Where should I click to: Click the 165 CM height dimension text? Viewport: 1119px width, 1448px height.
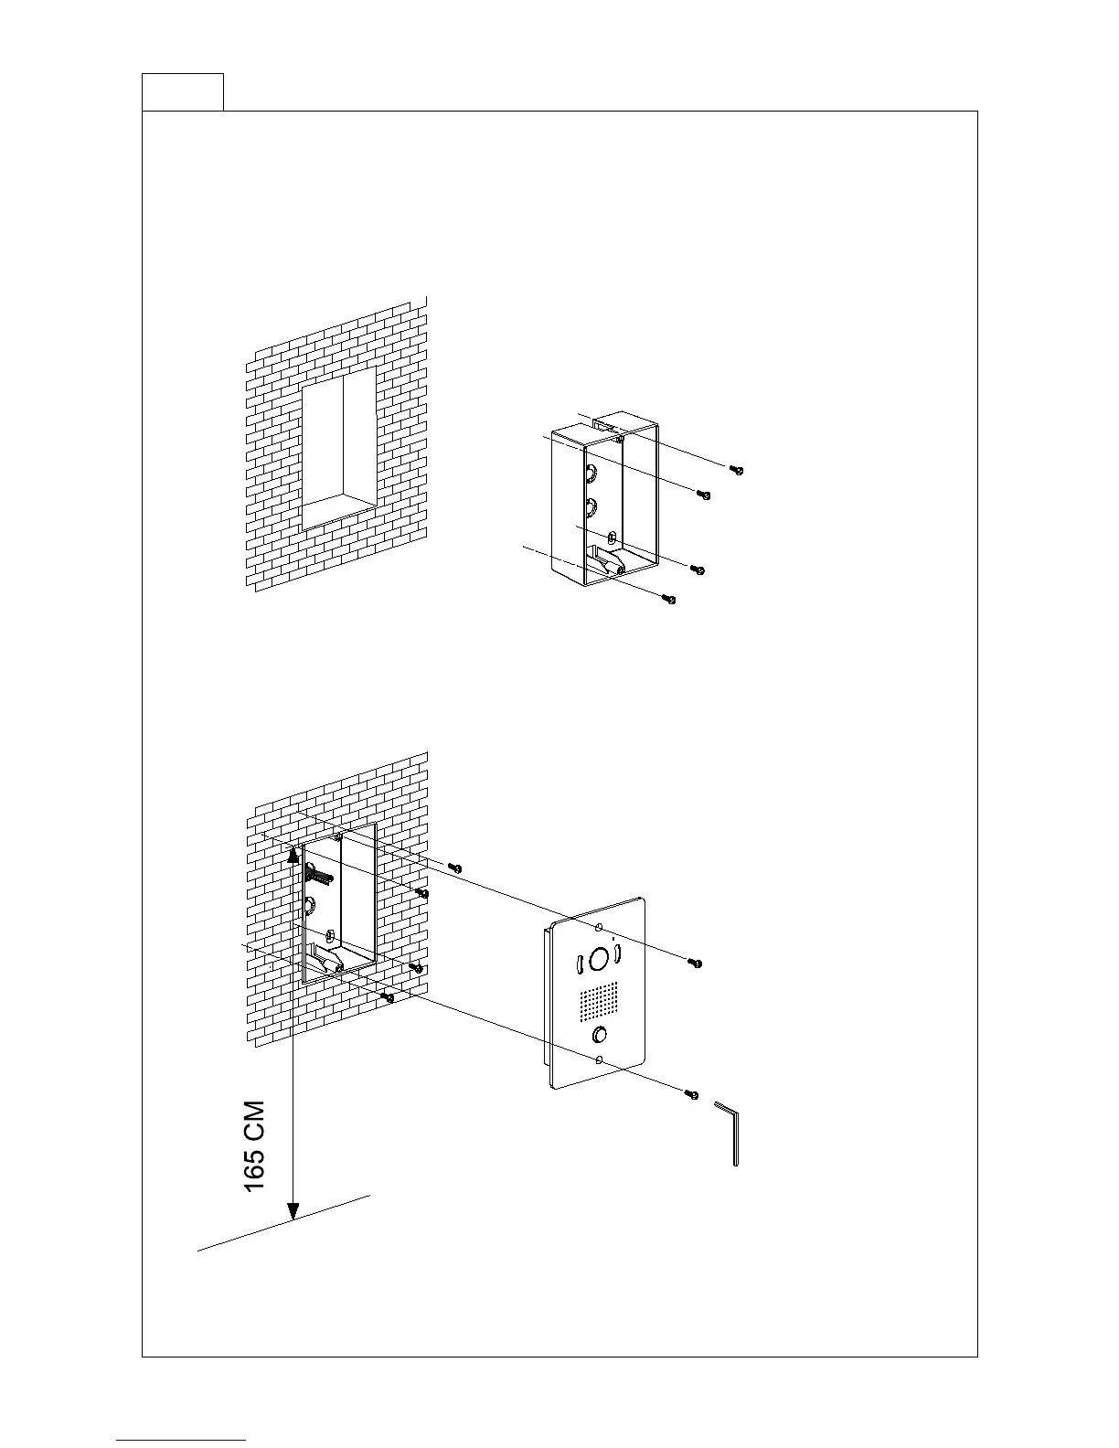pos(255,1145)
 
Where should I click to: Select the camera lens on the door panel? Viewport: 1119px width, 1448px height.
pos(599,959)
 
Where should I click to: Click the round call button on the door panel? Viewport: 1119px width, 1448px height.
pos(600,1035)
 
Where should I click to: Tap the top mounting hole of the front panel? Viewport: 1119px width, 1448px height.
pos(599,927)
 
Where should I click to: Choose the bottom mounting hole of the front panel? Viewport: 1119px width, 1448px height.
pos(599,1060)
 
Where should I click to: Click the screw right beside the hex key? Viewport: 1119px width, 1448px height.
pos(692,1093)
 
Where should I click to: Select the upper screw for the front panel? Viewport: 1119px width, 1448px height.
pos(695,963)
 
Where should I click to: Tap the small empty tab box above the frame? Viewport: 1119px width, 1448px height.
pos(183,91)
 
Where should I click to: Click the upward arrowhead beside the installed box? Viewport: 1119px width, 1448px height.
pos(293,854)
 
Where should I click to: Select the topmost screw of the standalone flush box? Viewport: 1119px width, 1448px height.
pos(737,470)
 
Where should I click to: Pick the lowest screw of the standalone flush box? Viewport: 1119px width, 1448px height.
pos(670,599)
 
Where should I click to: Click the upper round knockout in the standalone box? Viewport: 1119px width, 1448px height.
pos(591,474)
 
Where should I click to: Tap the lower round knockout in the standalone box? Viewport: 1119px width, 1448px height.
pos(591,505)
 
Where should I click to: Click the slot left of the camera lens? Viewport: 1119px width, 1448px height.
pos(579,964)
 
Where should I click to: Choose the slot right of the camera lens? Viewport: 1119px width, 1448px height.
pos(618,954)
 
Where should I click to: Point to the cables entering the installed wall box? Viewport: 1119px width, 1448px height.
pos(318,875)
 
